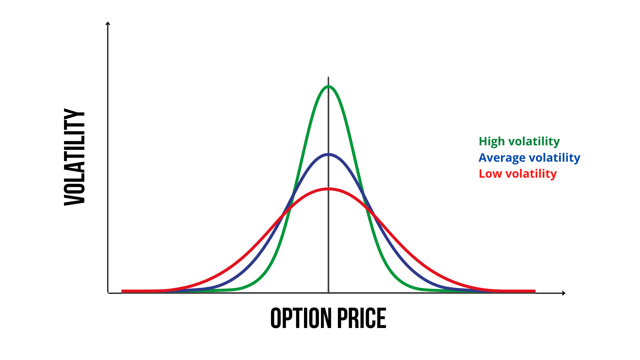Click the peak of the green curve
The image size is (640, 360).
click(328, 87)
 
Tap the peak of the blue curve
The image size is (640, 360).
click(328, 154)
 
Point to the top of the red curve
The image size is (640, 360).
click(328, 189)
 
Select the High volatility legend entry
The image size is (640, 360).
click(519, 141)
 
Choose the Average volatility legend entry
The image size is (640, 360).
click(529, 158)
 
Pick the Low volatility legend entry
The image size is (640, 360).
click(518, 174)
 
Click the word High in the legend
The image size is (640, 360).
click(492, 141)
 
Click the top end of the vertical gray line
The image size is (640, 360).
click(328, 78)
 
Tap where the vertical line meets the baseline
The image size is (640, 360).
click(328, 292)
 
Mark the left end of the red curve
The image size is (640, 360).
click(123, 291)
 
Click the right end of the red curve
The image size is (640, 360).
click(534, 291)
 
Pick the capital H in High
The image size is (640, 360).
click(482, 141)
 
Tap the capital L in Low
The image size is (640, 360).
click(481, 173)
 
